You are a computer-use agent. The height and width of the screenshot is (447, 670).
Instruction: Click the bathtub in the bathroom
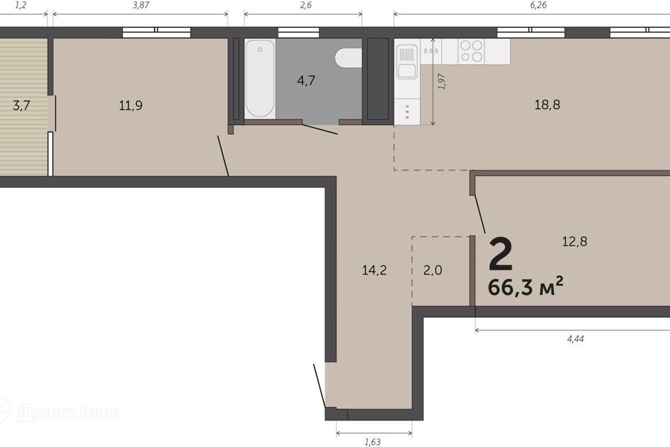click(260, 79)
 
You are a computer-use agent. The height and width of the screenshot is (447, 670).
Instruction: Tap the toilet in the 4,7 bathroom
click(348, 58)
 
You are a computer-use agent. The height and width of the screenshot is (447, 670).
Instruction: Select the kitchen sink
click(407, 62)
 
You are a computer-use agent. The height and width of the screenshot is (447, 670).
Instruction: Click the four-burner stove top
click(471, 51)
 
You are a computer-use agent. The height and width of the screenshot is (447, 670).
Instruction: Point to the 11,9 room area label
click(131, 105)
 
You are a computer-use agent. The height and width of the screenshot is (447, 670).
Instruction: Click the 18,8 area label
click(547, 104)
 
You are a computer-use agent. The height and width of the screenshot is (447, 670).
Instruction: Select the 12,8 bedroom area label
click(574, 242)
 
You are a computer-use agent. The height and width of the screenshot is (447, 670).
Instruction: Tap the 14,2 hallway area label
click(374, 270)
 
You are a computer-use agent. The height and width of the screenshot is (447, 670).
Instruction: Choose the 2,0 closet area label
click(433, 270)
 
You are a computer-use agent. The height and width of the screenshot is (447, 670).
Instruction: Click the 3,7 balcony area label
click(22, 105)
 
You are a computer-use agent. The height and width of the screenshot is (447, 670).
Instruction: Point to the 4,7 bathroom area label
click(306, 80)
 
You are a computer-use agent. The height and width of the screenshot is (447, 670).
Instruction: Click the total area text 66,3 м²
click(526, 286)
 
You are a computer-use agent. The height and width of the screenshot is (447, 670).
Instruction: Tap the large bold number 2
click(500, 255)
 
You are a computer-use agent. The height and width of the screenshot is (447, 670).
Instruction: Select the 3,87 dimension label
click(141, 6)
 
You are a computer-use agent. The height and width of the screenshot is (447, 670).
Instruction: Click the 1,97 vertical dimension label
click(442, 81)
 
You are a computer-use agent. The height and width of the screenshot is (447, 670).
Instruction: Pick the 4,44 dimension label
click(575, 339)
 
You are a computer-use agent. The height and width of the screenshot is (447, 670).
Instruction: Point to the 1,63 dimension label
click(373, 442)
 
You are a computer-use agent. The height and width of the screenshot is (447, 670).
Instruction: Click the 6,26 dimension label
click(538, 6)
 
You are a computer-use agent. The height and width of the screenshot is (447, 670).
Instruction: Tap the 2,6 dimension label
click(306, 6)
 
